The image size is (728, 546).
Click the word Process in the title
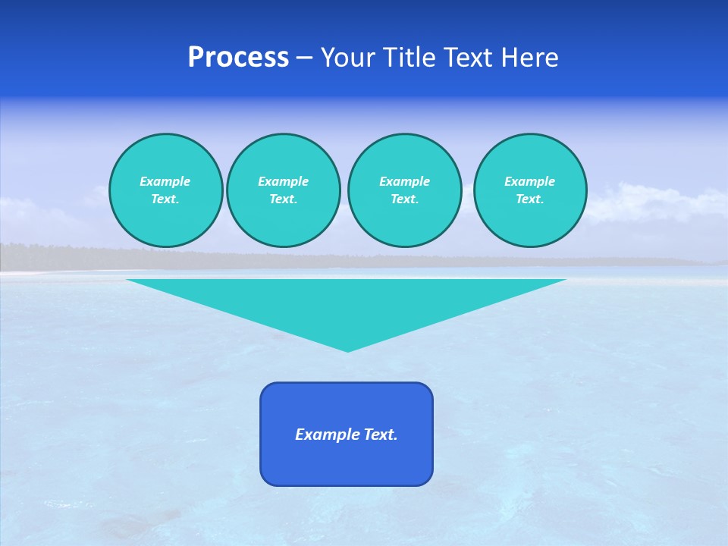pos(238,58)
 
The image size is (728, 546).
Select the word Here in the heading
pos(529,58)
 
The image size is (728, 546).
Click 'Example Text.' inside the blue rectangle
pos(347,435)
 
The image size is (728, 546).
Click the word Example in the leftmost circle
pos(165,181)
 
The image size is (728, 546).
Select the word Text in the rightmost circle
pos(529,199)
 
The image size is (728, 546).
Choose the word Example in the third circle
pos(404,181)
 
